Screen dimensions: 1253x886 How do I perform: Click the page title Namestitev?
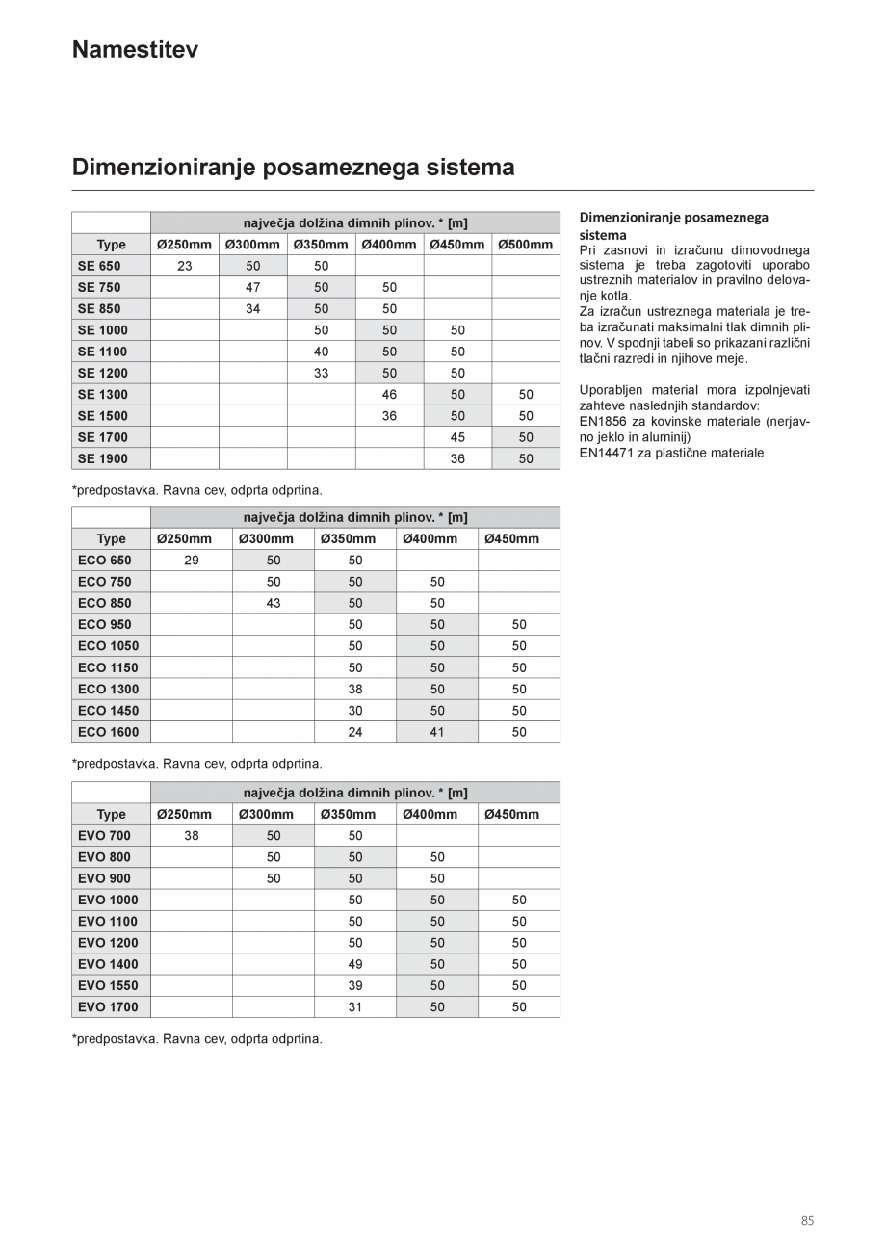click(135, 50)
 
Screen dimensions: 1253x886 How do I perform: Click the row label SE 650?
click(99, 266)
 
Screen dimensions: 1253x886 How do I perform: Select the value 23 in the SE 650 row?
click(185, 266)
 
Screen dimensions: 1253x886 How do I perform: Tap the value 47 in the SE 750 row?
click(253, 287)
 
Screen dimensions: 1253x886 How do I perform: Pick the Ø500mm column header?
click(526, 245)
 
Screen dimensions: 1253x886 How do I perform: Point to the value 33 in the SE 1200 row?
click(322, 373)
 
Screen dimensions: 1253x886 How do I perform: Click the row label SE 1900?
click(102, 458)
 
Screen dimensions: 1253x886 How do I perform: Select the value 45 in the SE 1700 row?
click(457, 437)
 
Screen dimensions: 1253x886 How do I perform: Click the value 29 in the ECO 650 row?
click(192, 561)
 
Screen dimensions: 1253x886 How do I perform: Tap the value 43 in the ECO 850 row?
click(274, 603)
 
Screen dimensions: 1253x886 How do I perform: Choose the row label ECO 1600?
click(108, 732)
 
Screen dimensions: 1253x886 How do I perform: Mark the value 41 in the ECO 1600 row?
click(437, 732)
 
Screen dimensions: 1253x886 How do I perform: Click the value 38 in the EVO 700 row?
click(192, 836)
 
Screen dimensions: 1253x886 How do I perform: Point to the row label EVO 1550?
click(108, 985)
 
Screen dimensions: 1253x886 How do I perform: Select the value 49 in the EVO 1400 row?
click(355, 964)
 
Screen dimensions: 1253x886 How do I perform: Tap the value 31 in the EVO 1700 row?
click(355, 1007)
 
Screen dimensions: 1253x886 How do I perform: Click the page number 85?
click(807, 1221)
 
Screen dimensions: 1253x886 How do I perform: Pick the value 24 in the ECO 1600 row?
click(355, 732)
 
